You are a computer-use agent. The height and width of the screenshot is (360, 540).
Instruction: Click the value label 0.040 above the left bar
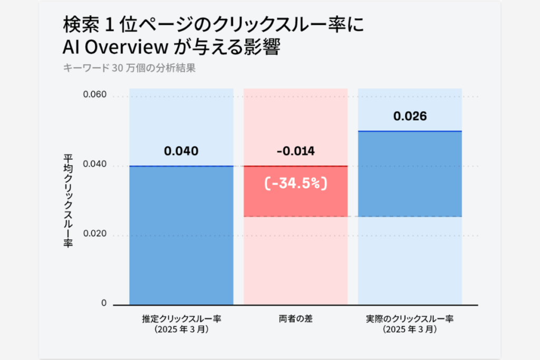click(181, 151)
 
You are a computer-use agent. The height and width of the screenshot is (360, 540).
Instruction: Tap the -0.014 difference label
click(295, 151)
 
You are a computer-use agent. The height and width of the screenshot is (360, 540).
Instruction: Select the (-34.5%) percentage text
click(295, 183)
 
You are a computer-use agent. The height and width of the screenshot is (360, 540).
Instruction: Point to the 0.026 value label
click(410, 116)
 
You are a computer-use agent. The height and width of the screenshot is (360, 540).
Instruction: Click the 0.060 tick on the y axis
click(95, 95)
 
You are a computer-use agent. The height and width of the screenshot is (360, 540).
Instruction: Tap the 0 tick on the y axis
click(103, 303)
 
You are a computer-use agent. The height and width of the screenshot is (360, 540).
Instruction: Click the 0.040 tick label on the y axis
click(95, 165)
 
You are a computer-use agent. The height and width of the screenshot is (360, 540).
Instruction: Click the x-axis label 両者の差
click(295, 319)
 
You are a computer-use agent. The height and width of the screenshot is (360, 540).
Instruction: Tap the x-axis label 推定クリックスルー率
click(181, 319)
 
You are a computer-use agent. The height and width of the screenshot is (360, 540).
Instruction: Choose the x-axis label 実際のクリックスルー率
click(410, 319)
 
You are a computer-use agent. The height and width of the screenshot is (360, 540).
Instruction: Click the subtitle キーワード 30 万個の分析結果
click(129, 68)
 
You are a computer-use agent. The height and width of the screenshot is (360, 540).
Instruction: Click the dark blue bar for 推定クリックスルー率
click(181, 235)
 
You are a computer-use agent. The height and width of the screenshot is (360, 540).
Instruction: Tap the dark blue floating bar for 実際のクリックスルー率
click(410, 173)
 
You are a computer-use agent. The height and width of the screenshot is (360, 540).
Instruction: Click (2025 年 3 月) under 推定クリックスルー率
click(181, 330)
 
